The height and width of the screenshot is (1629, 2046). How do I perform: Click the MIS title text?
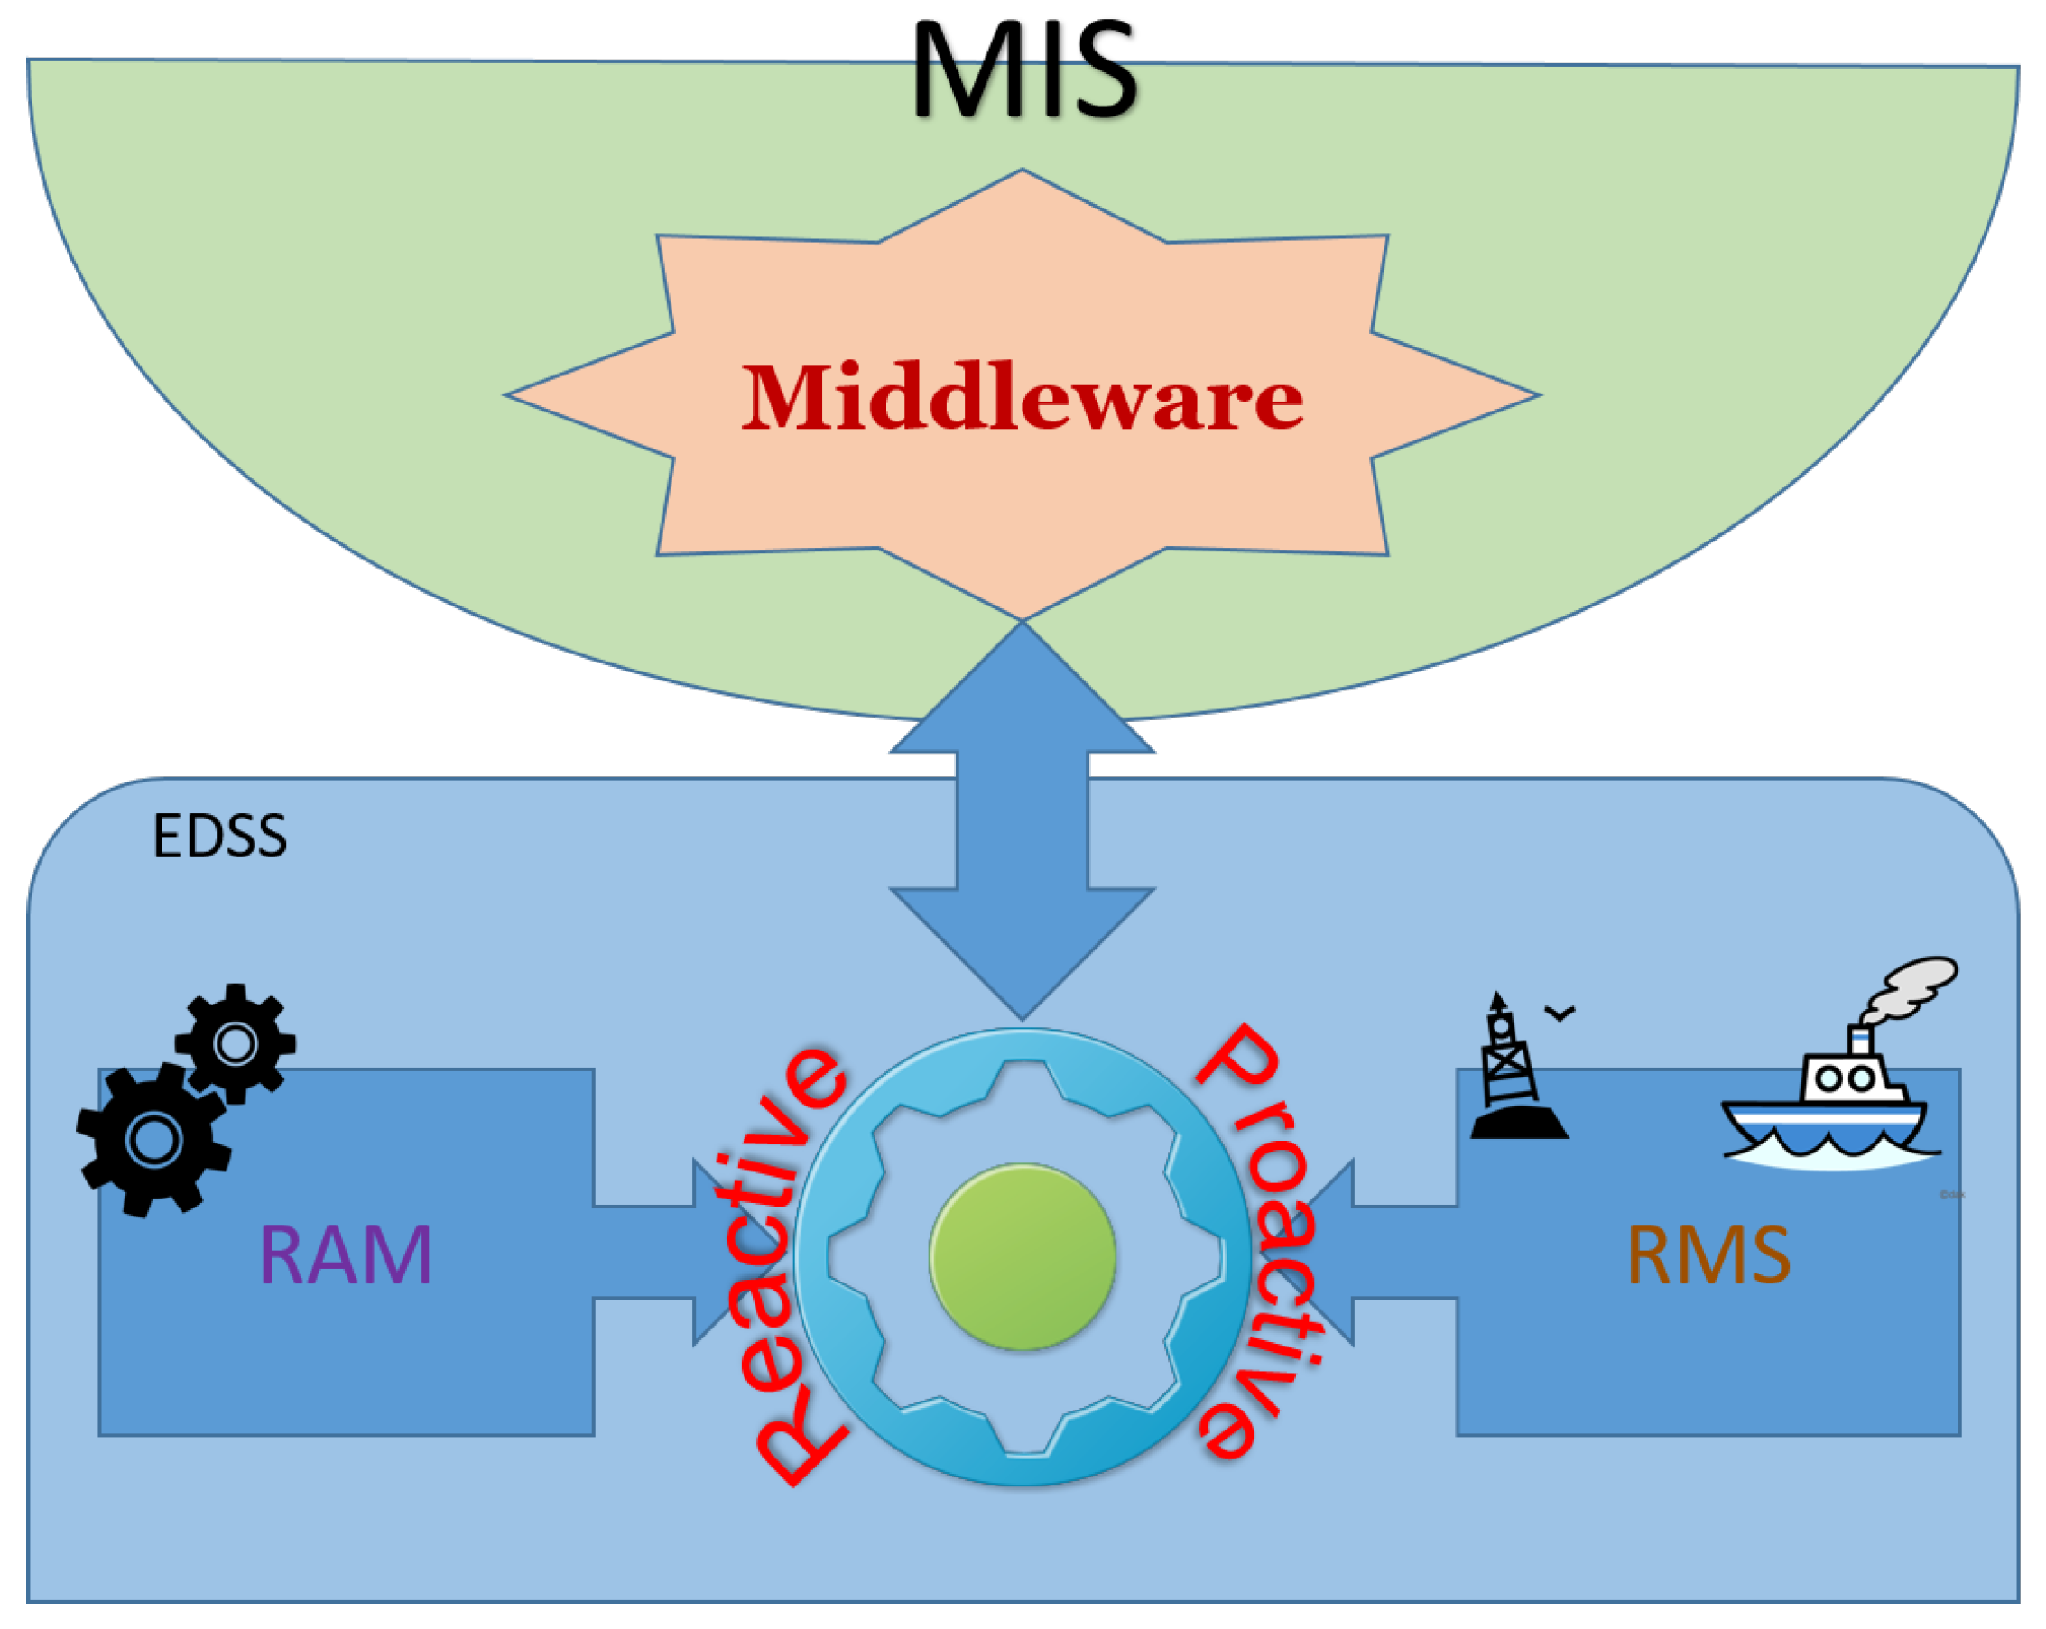tap(1024, 71)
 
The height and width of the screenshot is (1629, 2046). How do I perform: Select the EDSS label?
tap(219, 837)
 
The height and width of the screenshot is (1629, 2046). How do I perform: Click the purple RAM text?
tap(346, 1255)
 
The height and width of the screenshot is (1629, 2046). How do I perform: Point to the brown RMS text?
tap(1708, 1255)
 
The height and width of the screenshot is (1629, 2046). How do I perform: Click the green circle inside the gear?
tap(1022, 1256)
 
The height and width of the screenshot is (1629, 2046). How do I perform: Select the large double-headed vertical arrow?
tap(1022, 820)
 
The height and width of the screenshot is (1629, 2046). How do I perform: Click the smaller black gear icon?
tap(236, 1043)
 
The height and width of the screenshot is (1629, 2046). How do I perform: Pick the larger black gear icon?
tap(153, 1140)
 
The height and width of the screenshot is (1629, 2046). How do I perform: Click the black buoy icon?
tap(1515, 1072)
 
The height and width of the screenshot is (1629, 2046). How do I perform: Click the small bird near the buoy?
tap(1560, 1013)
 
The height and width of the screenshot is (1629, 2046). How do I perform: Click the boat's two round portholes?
tap(1845, 1078)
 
